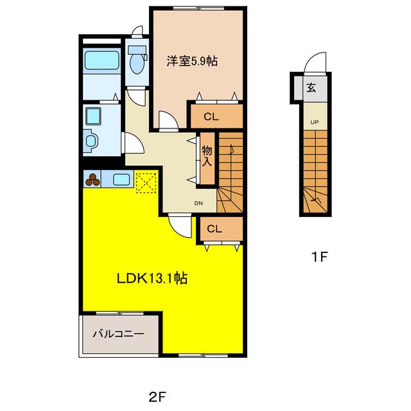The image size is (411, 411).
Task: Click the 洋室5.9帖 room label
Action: (192, 61)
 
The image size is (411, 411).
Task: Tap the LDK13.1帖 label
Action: (152, 278)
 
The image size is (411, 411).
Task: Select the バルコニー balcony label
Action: (118, 334)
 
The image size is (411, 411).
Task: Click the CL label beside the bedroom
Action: (211, 117)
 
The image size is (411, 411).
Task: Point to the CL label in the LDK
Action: (214, 229)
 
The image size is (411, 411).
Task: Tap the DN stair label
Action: (198, 203)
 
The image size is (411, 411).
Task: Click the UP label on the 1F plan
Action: (315, 122)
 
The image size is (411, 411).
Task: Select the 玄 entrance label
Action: (311, 87)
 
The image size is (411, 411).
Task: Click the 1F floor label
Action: (320, 257)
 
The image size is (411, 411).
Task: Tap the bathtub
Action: (101, 61)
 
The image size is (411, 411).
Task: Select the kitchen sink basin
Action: (121, 180)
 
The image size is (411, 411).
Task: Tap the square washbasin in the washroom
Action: (93, 116)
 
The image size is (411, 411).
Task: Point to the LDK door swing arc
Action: (180, 226)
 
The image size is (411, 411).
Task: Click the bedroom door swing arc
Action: (169, 120)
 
